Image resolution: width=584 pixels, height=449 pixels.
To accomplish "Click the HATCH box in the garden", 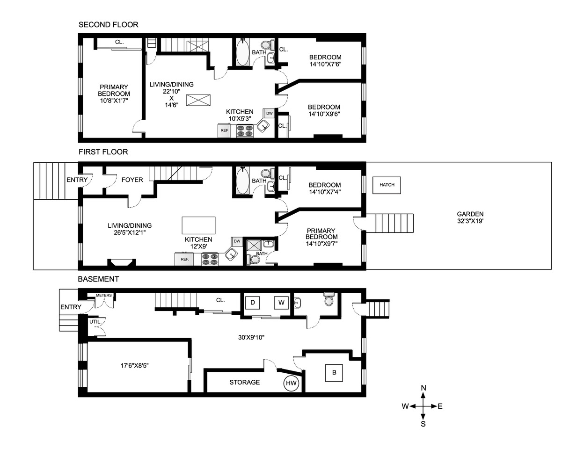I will coord(387,185).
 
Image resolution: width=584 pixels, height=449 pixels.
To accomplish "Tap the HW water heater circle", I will coord(291,383).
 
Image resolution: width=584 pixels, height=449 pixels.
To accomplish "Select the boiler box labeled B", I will coord(334,373).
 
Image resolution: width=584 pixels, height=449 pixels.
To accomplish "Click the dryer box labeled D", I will coord(253,303).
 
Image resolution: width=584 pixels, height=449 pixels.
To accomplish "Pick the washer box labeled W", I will coord(281,303).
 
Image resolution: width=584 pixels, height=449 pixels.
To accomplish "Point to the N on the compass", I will coord(423,388).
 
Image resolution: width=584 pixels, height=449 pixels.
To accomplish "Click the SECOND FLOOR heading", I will coord(108,25).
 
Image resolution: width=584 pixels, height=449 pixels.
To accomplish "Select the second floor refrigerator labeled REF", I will coord(225,130).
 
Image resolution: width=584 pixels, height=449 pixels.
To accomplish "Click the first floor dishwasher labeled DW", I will coord(237,241).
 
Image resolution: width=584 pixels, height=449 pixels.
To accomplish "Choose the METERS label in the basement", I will coord(104,296).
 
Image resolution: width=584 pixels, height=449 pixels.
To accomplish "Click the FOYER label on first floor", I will coord(132,180).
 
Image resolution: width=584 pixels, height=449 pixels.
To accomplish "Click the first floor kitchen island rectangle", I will coord(198,225).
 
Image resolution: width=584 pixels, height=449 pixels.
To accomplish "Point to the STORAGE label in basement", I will coord(244,382).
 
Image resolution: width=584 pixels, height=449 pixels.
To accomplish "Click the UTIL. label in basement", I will coord(95,322).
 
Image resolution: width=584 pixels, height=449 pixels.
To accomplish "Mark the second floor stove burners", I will coord(245,130).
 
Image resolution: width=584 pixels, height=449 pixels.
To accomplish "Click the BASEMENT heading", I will coord(98,279).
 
